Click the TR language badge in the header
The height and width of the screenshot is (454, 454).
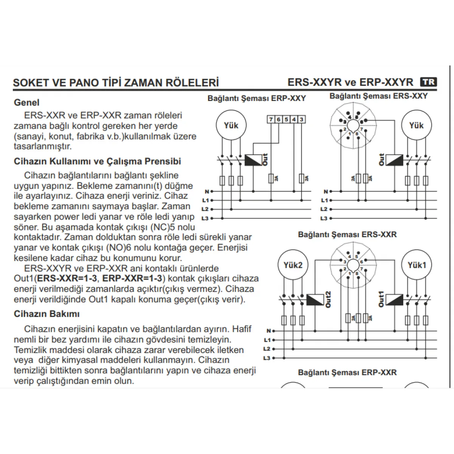pos(429,82)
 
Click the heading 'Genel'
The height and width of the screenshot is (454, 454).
pos(26,103)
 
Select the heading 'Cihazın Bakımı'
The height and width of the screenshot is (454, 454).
pos(47,314)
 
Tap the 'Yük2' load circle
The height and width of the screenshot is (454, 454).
pos(293,265)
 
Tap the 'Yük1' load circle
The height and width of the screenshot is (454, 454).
pos(417,265)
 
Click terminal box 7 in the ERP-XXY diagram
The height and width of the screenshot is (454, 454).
pos(271,120)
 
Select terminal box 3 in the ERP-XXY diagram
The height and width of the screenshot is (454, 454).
pos(302,120)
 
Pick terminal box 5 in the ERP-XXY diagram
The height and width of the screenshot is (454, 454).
pos(286,120)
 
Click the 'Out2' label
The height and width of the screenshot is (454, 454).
pos(328,299)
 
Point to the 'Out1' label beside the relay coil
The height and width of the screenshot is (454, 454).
pos(381,299)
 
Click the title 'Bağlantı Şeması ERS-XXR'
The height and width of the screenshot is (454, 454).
pos(347,235)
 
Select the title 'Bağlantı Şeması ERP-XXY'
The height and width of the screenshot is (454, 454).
pos(257,98)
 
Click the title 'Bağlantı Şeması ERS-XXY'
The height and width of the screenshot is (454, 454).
pos(378,96)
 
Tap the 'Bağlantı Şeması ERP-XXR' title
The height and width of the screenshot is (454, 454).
pos(347,372)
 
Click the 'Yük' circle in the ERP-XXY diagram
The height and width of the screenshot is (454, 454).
pos(231,125)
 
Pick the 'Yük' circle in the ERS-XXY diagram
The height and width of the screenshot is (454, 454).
pos(417,125)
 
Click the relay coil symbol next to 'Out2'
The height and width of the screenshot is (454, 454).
pos(315,300)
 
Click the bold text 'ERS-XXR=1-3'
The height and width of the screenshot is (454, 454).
pos(67,278)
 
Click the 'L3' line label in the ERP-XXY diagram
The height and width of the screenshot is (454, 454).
pos(205,218)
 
